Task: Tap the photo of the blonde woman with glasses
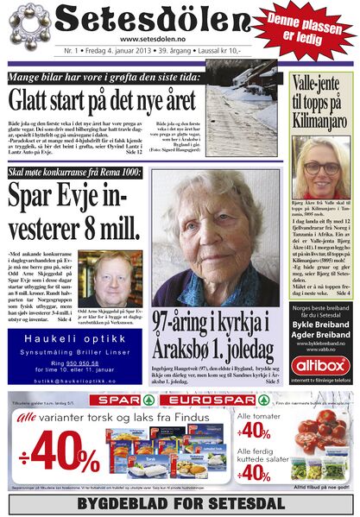coord(320,169)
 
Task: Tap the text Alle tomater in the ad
coord(263,416)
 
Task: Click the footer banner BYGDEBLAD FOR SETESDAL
coord(180,502)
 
